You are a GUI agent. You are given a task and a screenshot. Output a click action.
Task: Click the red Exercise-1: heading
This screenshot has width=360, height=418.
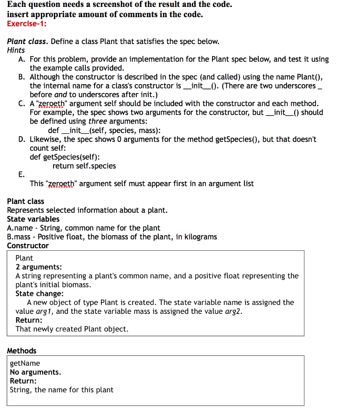(27, 24)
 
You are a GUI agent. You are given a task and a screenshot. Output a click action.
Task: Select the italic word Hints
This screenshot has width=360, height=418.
(16, 50)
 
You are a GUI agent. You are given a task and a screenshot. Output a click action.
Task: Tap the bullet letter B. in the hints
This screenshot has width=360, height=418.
(23, 77)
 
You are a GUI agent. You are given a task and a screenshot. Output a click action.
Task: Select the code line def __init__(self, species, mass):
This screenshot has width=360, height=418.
(104, 131)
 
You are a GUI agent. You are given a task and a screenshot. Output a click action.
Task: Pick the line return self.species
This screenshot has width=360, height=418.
(84, 166)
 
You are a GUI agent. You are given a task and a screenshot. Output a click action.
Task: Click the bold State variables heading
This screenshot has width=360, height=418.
(33, 219)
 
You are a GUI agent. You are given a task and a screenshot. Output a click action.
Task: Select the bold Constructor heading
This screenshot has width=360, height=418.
(28, 245)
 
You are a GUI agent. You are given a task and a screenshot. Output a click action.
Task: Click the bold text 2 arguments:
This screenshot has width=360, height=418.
(39, 267)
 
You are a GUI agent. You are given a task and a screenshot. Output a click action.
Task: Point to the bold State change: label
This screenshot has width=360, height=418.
(39, 293)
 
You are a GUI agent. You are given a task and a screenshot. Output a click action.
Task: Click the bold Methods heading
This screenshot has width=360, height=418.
(22, 351)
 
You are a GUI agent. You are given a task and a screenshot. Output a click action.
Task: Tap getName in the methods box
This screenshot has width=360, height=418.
(25, 363)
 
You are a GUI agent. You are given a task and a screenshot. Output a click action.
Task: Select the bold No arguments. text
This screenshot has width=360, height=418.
(36, 372)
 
